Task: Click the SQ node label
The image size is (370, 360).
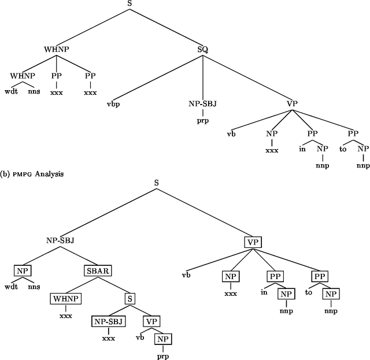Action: coord(203,50)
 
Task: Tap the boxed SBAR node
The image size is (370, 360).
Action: coord(98,270)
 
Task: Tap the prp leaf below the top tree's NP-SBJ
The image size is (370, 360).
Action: coord(202,122)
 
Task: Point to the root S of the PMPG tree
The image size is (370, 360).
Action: coord(156,183)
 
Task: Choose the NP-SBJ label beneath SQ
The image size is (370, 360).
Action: coord(202,105)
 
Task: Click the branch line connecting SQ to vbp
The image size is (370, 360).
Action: coord(159,77)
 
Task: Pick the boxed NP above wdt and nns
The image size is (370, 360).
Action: coord(23,270)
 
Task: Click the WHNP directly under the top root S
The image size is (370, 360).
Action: coord(56,50)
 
